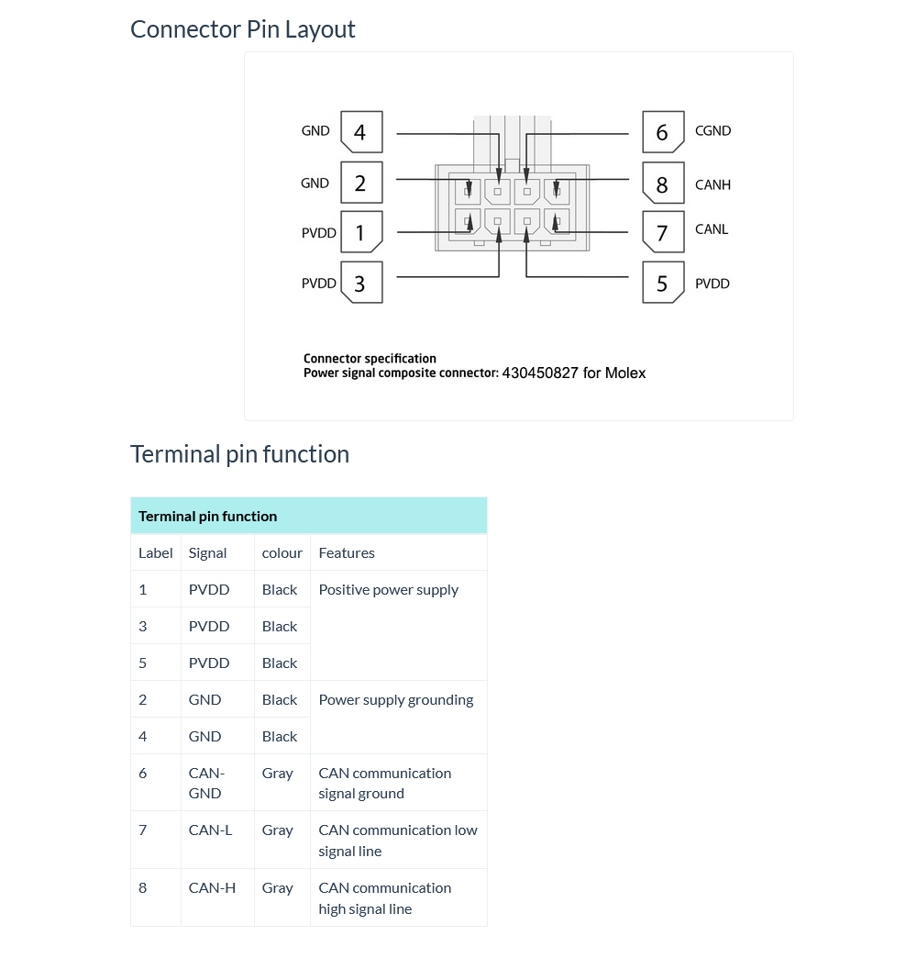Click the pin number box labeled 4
(x=360, y=132)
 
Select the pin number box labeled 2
(x=360, y=184)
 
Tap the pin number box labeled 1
(x=360, y=233)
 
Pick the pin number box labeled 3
(x=360, y=284)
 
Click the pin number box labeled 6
(x=662, y=133)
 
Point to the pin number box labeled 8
(x=662, y=184)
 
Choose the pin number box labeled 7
(x=662, y=233)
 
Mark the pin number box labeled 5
(x=662, y=284)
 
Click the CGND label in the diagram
(x=713, y=131)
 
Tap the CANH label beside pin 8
(x=713, y=185)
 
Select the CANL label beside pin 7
(x=712, y=229)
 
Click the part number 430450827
(x=540, y=373)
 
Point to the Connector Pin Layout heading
(x=243, y=29)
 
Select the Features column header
(x=347, y=553)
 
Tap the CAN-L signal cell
(x=210, y=830)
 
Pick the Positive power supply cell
(x=389, y=590)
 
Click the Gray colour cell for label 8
(x=277, y=888)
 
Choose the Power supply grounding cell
(x=396, y=700)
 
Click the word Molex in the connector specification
(x=625, y=373)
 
